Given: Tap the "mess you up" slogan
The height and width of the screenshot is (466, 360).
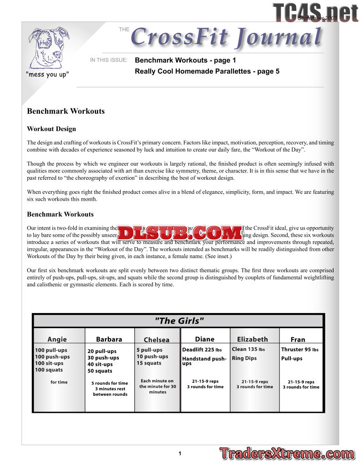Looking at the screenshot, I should (x=47, y=74).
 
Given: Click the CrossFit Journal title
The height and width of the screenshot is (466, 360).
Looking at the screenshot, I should (x=226, y=37).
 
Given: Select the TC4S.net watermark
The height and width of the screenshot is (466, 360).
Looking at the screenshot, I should (x=315, y=12).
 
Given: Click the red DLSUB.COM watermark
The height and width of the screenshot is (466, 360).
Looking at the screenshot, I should (x=180, y=233).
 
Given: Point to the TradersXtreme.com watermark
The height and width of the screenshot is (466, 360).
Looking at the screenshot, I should (x=287, y=453).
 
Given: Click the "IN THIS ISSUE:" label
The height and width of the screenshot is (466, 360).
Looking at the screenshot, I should (x=109, y=60).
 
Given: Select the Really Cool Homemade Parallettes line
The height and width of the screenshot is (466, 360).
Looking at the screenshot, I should (x=207, y=71).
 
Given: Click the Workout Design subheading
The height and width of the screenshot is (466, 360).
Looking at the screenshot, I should (x=51, y=129).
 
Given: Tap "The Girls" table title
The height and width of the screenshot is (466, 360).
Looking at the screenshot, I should (x=179, y=321).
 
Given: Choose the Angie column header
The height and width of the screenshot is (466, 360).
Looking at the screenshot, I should (x=57, y=339).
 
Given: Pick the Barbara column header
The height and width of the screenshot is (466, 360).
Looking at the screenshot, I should (x=109, y=339).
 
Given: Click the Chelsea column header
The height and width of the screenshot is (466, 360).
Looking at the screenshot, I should (x=157, y=339).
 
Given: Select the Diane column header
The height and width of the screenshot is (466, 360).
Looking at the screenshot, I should (x=205, y=339).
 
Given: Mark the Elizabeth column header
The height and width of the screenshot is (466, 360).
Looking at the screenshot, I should (x=253, y=339).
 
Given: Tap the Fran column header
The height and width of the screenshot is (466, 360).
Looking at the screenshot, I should (x=298, y=339).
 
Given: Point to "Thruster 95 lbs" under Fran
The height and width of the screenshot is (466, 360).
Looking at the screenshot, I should (x=300, y=349).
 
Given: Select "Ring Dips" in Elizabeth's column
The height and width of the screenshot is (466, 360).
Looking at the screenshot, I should (x=244, y=358).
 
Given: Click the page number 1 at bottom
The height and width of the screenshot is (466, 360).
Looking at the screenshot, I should (x=180, y=453).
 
